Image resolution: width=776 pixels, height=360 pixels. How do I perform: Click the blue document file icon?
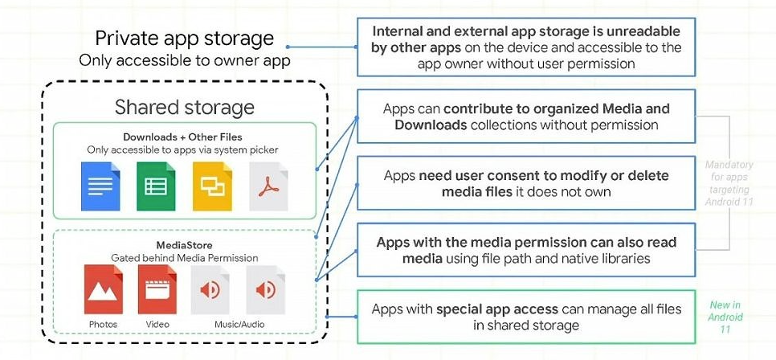pyautogui.click(x=100, y=186)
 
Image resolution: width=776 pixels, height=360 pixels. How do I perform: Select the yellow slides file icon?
pyautogui.click(x=212, y=186)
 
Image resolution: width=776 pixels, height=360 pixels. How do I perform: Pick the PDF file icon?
pyautogui.click(x=268, y=186)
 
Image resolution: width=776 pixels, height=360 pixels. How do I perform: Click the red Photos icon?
pyautogui.click(x=103, y=289)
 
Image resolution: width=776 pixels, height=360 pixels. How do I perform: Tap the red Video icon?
pyautogui.click(x=157, y=289)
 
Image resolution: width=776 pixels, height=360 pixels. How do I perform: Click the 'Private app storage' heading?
pyautogui.click(x=185, y=38)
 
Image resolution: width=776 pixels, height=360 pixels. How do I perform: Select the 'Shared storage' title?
pyautogui.click(x=185, y=108)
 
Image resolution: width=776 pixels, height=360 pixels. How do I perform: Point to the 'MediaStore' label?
pyautogui.click(x=185, y=244)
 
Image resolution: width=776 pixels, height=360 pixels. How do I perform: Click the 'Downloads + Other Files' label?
pyautogui.click(x=182, y=137)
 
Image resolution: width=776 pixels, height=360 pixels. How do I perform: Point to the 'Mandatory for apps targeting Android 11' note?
pyautogui.click(x=729, y=182)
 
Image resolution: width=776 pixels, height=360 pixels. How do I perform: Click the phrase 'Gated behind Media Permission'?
pyautogui.click(x=185, y=257)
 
